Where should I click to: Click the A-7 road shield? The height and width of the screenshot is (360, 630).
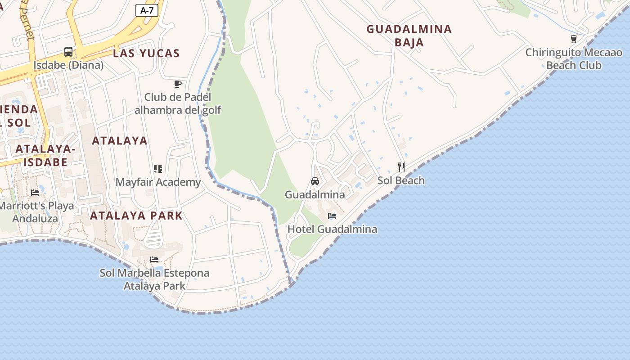(x=147, y=10)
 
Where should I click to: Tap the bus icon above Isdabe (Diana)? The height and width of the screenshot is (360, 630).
(x=68, y=52)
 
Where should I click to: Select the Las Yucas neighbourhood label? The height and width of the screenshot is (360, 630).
(x=146, y=53)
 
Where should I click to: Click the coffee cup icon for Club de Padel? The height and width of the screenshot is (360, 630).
(x=178, y=84)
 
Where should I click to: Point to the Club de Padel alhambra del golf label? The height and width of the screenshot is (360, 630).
(x=178, y=103)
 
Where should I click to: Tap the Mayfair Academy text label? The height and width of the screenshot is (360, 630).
(x=158, y=182)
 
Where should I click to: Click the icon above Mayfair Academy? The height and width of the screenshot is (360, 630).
(x=157, y=169)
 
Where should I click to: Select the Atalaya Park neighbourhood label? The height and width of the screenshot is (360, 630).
(x=136, y=216)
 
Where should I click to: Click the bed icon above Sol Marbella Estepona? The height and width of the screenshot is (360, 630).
(x=154, y=260)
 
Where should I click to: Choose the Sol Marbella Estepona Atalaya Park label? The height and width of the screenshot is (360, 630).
(x=154, y=279)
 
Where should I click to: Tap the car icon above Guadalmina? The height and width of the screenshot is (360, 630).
(x=315, y=181)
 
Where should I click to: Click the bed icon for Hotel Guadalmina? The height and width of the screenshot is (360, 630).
(x=332, y=216)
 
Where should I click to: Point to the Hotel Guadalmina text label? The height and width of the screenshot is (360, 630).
(x=332, y=229)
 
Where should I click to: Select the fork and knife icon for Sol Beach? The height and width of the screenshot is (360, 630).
(x=401, y=167)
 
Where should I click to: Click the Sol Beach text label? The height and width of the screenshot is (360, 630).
(x=401, y=180)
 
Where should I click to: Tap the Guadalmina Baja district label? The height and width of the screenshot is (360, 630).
(x=409, y=36)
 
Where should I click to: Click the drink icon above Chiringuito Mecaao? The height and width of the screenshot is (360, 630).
(x=573, y=39)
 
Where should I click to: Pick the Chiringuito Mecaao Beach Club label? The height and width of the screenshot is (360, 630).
(x=573, y=59)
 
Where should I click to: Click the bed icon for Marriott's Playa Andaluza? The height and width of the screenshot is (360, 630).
(x=35, y=193)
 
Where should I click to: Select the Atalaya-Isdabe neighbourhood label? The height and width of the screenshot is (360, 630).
(x=45, y=155)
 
